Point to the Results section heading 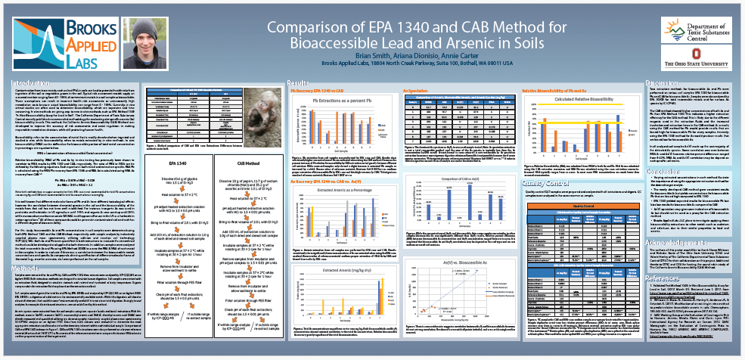[x=297, y=82]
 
